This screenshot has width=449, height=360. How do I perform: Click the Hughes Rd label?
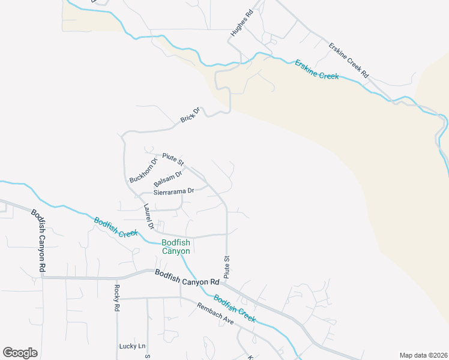243,22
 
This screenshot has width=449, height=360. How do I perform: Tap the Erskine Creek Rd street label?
348,59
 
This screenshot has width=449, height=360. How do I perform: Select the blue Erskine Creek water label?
316,69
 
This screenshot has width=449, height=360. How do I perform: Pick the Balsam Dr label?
167,179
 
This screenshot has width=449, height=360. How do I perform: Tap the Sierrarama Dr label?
174,191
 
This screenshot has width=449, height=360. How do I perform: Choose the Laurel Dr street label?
149,217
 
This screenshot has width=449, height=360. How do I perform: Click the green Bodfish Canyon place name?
176,247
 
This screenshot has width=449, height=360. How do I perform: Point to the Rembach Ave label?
215,313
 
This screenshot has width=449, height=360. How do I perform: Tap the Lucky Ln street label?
132,346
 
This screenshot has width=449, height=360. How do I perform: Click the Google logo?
20,353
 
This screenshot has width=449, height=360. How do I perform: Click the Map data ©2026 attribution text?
423,355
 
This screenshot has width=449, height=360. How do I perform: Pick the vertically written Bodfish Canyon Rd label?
38,240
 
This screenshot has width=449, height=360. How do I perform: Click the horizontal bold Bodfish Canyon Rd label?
186,277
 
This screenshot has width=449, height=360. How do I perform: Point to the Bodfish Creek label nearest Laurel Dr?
116,227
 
